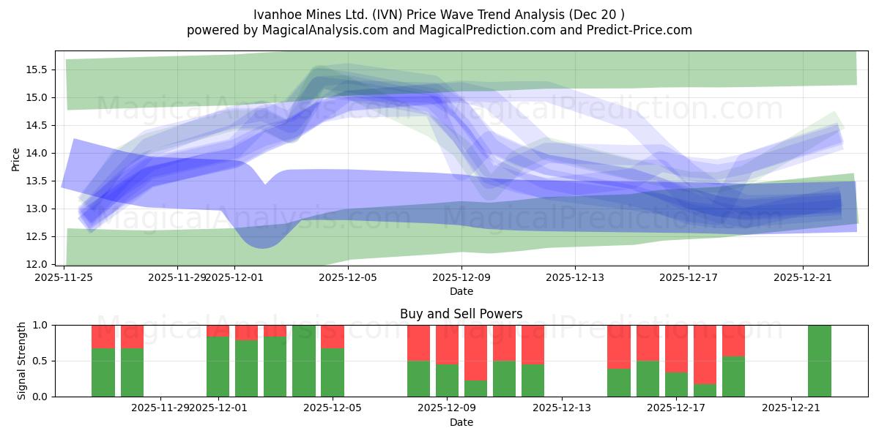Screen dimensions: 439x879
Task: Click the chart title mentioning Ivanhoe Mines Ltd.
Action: click(439, 15)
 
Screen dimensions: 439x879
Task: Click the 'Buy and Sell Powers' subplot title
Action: click(461, 314)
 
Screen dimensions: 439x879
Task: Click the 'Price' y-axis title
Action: click(16, 158)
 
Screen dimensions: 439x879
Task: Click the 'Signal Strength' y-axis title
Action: click(22, 361)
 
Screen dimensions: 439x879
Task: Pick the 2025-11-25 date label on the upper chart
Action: click(64, 277)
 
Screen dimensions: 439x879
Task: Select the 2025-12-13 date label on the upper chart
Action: click(575, 277)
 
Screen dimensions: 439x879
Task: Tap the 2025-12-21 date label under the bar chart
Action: click(791, 408)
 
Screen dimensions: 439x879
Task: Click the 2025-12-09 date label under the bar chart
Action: click(447, 408)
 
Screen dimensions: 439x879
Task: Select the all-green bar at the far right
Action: click(820, 361)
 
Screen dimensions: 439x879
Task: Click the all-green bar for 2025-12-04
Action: click(304, 361)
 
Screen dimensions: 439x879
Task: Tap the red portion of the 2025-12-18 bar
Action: click(705, 351)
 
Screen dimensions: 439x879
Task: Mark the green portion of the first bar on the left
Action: click(103, 373)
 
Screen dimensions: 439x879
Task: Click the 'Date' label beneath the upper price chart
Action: click(461, 291)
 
